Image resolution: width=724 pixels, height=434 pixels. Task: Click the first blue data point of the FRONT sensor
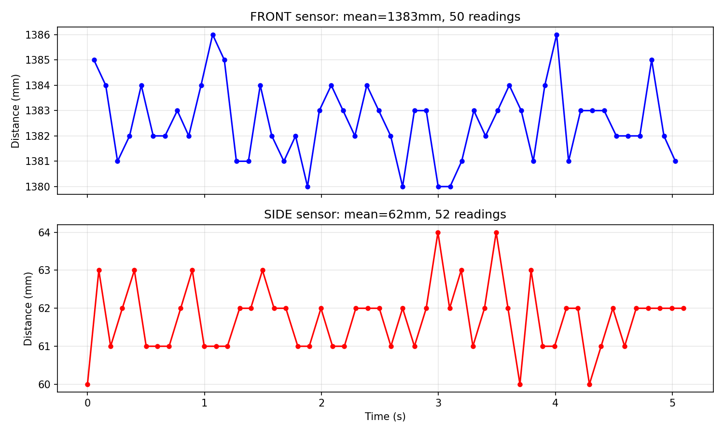94,60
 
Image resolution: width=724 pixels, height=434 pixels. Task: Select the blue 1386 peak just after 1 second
213,35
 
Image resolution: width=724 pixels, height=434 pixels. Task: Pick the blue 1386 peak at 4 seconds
557,35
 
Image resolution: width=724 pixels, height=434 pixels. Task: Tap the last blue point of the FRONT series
675,161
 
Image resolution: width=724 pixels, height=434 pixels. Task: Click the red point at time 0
87,384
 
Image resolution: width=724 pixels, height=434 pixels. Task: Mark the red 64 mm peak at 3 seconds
438,232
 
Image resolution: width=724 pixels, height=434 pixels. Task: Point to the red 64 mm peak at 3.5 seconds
496,232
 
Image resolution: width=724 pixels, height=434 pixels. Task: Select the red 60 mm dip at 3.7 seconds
520,384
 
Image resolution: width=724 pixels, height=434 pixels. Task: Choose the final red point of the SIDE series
683,308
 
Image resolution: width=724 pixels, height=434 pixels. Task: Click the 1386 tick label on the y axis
40,35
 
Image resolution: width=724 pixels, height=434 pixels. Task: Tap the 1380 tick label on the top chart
40,187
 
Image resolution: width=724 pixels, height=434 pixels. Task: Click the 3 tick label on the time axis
438,403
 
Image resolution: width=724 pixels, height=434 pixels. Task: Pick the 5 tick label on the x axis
672,403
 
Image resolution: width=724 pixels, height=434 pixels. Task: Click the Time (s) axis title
385,417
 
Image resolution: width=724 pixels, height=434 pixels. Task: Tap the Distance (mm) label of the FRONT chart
16,111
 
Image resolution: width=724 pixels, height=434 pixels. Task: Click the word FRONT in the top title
267,17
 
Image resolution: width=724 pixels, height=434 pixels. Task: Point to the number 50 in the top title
455,17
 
